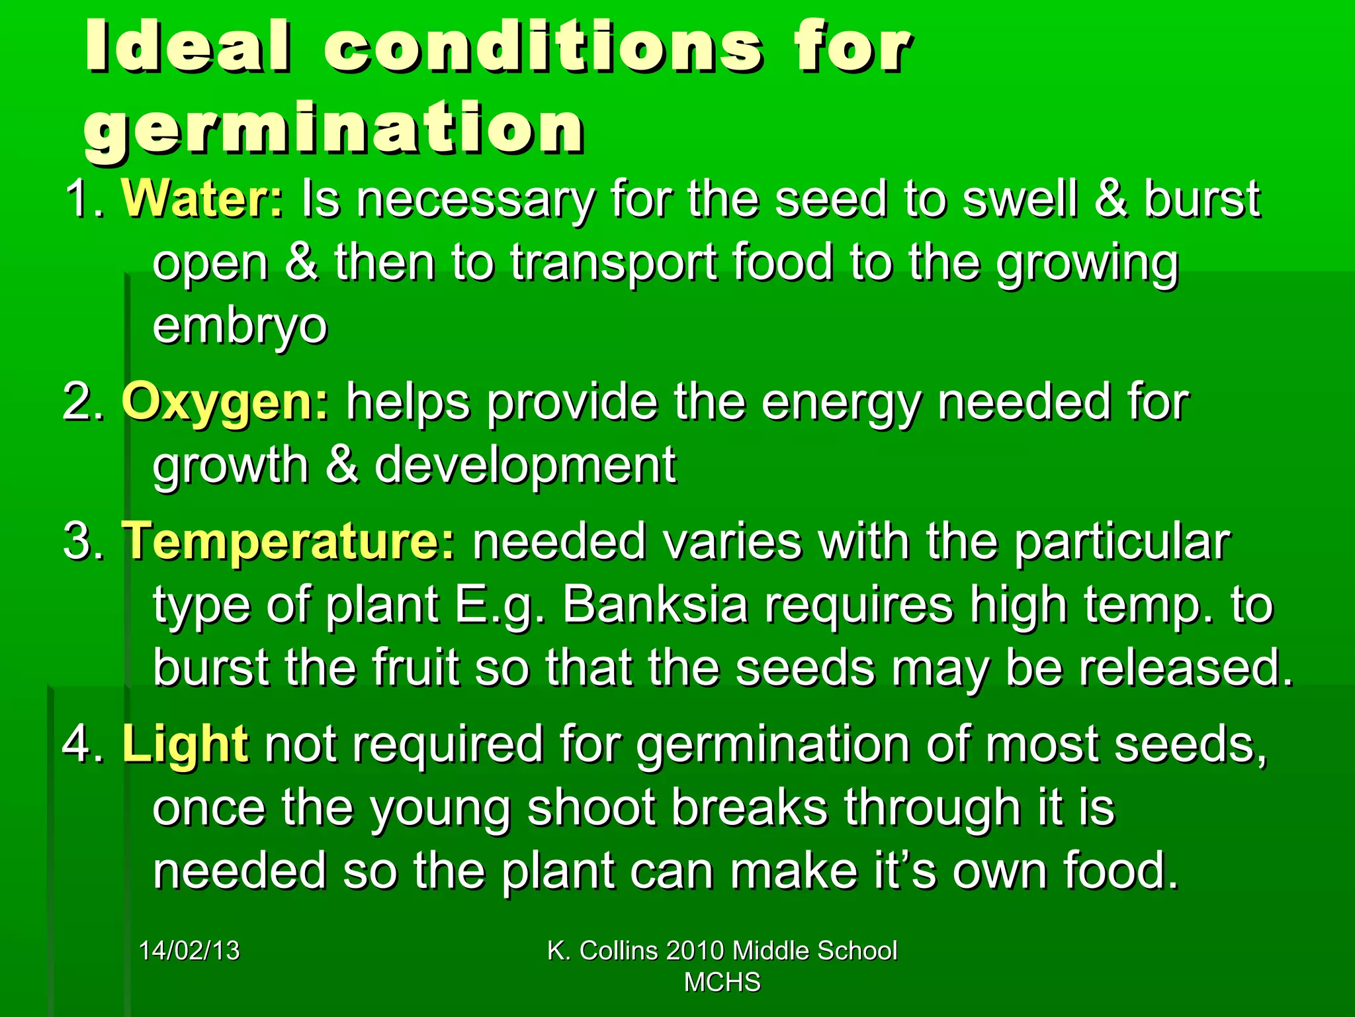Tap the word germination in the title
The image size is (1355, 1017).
point(334,129)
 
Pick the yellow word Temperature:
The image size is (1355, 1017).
point(288,542)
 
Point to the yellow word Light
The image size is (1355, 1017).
point(185,744)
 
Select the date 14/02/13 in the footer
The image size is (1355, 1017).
point(189,951)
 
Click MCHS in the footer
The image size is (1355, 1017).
point(722,983)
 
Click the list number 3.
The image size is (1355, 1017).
point(79,542)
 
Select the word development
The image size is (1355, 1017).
point(525,465)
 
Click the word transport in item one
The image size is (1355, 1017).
point(613,263)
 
